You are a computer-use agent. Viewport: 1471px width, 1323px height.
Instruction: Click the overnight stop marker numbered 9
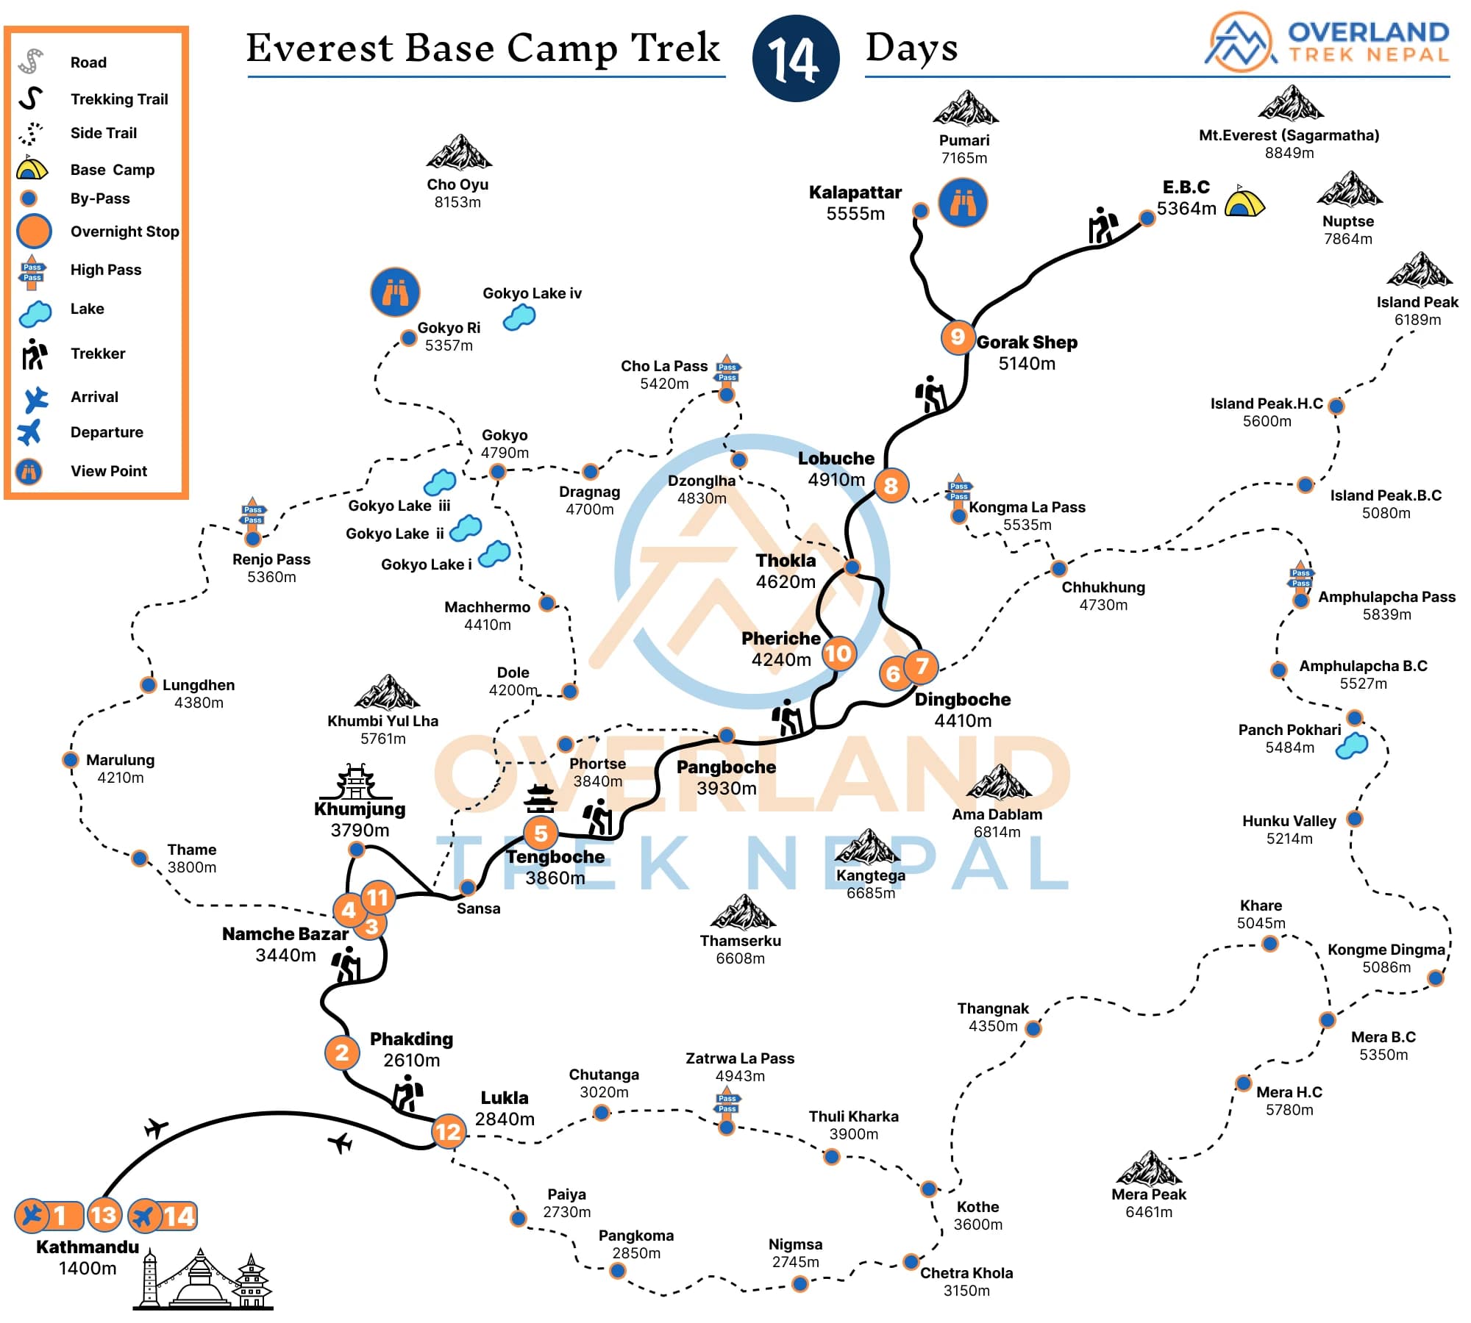[x=957, y=337]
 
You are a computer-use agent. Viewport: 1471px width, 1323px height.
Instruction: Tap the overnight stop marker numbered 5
[x=541, y=833]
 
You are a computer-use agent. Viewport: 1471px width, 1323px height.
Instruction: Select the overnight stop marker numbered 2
[x=341, y=1053]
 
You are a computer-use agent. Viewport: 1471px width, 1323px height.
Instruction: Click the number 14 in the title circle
[x=795, y=58]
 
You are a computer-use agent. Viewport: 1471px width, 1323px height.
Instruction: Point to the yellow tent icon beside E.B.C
[x=1244, y=201]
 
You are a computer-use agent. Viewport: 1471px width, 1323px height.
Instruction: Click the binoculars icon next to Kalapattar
[x=963, y=202]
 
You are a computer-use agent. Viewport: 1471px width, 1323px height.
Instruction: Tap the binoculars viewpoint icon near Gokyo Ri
[x=395, y=292]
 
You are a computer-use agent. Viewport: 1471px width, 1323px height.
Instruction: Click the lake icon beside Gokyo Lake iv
[x=519, y=318]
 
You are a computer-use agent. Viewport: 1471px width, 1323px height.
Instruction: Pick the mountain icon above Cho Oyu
[x=459, y=152]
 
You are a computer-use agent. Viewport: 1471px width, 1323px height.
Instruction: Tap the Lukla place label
[x=505, y=1098]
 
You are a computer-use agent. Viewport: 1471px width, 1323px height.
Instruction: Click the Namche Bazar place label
[x=285, y=934]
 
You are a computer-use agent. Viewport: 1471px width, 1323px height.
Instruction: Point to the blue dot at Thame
[x=140, y=858]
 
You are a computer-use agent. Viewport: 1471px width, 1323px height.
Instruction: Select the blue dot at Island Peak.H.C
[x=1336, y=406]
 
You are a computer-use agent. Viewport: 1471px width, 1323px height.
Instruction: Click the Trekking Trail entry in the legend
[x=119, y=99]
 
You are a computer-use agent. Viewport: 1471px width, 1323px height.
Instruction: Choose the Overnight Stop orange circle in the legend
[x=34, y=231]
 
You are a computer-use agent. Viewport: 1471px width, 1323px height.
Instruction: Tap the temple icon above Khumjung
[x=355, y=781]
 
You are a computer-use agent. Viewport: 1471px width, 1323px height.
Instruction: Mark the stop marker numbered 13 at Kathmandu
[x=104, y=1215]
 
